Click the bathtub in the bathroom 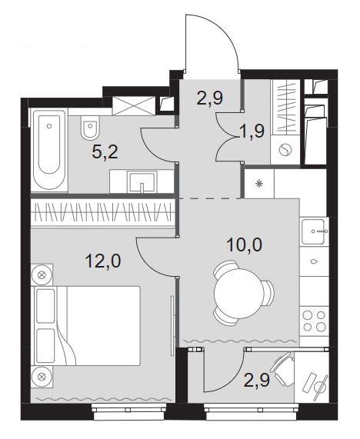[x=49, y=151]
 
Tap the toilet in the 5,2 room [x=90, y=128]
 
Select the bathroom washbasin [x=142, y=181]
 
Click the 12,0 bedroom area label [x=103, y=261]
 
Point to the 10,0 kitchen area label [x=245, y=244]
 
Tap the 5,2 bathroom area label [x=105, y=152]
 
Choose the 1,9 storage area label [x=252, y=131]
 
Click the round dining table [x=238, y=293]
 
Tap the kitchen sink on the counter [x=314, y=231]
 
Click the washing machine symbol [x=285, y=149]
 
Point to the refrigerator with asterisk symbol [x=259, y=184]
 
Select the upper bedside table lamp [x=42, y=275]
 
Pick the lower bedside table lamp [x=42, y=377]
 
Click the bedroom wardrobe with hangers [x=103, y=212]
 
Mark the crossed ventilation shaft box [x=134, y=105]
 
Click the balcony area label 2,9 [x=257, y=381]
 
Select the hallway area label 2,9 [x=210, y=98]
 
